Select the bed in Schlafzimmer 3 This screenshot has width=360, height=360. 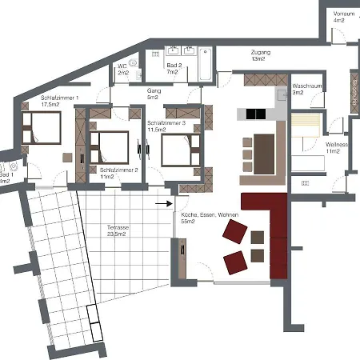(177, 149)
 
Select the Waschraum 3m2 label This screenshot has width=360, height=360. (308, 89)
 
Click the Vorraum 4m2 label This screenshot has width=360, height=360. (344, 18)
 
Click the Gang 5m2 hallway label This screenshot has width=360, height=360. (154, 95)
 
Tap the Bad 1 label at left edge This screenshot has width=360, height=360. (5, 178)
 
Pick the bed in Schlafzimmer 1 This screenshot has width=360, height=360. (39, 129)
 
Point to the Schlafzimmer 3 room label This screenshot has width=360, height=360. (166, 126)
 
